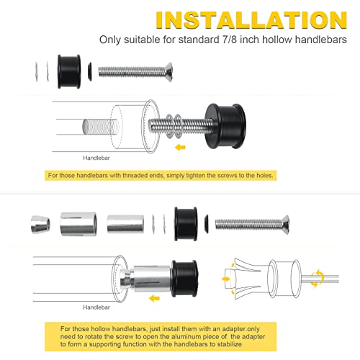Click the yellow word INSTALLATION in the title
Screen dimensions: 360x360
pos(251,20)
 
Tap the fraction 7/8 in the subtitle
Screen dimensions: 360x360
pos(228,40)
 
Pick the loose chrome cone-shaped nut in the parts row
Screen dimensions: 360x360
pos(40,225)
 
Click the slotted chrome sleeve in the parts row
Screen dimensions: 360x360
pos(78,224)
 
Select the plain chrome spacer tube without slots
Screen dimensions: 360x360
pos(125,224)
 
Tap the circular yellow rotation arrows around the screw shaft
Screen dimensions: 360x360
pos(318,279)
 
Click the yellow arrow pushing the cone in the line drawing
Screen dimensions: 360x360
pos(226,279)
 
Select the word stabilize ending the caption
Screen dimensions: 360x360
pos(230,344)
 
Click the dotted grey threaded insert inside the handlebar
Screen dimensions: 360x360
pos(101,127)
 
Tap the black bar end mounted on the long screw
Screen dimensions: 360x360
pos(225,126)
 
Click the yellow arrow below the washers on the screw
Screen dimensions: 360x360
pos(180,147)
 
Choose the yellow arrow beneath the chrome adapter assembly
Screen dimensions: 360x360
pos(154,299)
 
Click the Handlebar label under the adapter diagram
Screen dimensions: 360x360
pos(96,307)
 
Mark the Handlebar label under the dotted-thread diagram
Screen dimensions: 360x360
pos(96,158)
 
